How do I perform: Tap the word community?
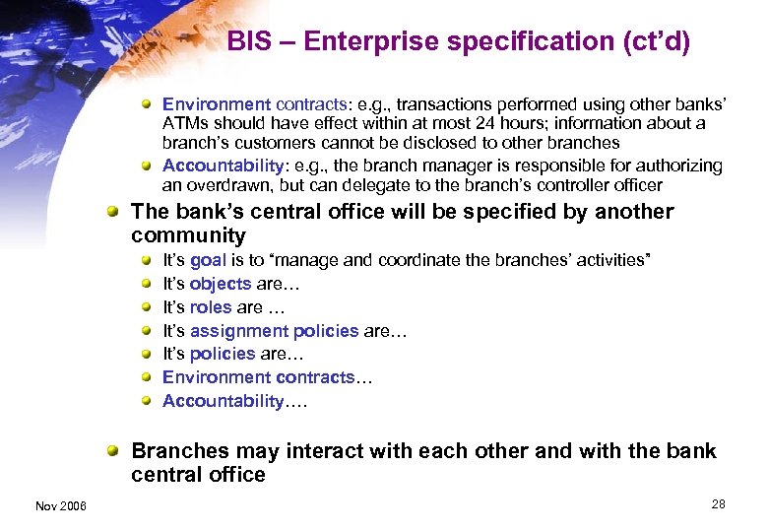coord(188,235)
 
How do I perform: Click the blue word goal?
coord(209,260)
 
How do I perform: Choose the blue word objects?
coord(221,284)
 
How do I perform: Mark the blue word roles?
coord(211,307)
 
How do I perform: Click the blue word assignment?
coord(235,331)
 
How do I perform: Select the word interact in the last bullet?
coord(326,451)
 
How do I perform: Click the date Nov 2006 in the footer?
coord(61,505)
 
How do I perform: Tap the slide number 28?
coord(718,504)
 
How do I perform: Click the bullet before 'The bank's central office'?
coord(115,212)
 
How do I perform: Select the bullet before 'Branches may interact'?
coord(115,451)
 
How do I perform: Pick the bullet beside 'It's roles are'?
coord(146,307)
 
